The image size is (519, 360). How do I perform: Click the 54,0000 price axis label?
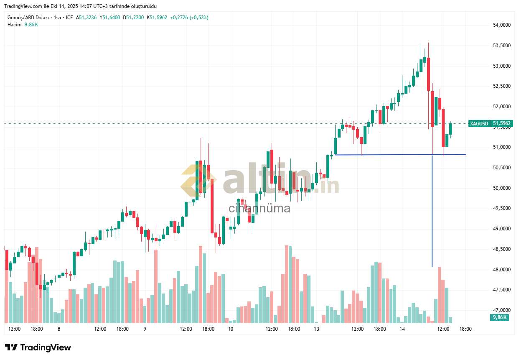tap(501, 25)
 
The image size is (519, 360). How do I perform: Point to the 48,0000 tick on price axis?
tap(501, 270)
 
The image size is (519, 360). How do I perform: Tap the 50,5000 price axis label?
tap(501, 168)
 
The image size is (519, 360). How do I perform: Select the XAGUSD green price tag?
tap(479, 124)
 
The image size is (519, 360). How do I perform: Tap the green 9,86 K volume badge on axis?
tap(499, 317)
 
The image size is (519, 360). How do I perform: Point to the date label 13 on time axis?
tap(316, 329)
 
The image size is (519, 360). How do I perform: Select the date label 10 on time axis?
tap(230, 329)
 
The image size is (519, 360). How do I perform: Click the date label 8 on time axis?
tap(59, 329)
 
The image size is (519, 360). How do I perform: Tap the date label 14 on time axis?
tap(402, 329)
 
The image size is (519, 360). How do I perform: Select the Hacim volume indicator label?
tap(14, 25)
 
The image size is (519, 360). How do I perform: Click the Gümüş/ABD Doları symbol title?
tap(28, 18)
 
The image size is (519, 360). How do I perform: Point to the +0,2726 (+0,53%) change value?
tap(189, 18)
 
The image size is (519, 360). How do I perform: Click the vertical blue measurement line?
tap(432, 209)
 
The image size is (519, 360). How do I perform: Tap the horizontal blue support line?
tap(397, 155)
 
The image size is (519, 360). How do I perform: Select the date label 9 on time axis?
tap(145, 329)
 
